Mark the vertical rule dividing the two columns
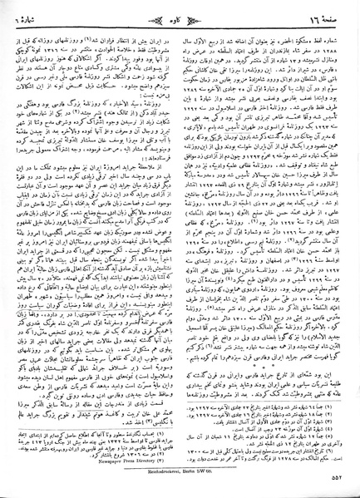pyautogui.click(x=180, y=249)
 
